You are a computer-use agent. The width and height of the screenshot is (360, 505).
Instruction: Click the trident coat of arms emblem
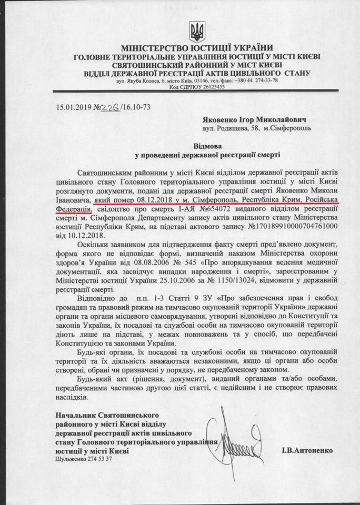198,33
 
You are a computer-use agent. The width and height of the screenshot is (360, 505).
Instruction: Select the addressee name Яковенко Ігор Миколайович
248,119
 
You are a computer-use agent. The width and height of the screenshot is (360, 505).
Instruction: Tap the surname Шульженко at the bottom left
72,459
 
